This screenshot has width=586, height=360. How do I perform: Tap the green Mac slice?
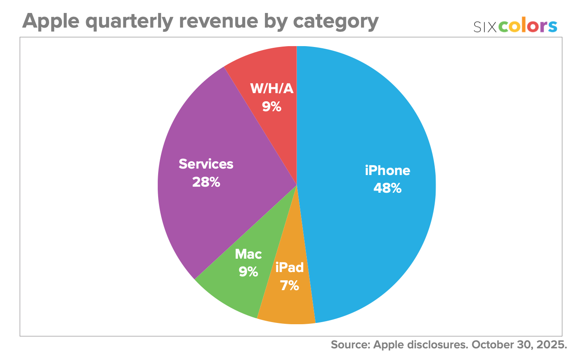coord(233,293)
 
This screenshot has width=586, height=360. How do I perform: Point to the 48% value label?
coord(387,188)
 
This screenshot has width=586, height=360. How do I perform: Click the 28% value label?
coord(206,182)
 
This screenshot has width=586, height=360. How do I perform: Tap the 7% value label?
coord(290,285)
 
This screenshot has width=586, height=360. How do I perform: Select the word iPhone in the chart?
coord(387,171)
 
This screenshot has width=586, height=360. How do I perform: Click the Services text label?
coord(206,164)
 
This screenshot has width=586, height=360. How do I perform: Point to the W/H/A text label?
coord(271,89)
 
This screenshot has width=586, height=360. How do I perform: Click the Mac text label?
coord(248,254)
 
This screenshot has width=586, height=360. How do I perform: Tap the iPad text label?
coord(290,268)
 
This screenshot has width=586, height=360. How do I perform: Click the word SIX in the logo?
coord(485,27)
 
